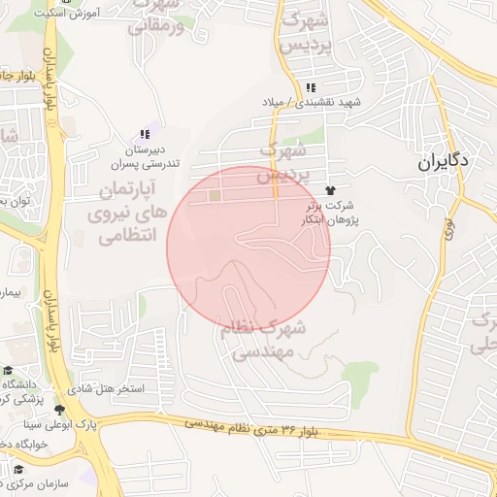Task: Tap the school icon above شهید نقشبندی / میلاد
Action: (x=310, y=88)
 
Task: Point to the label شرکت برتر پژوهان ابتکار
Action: (x=330, y=212)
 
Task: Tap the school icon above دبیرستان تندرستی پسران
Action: (x=145, y=135)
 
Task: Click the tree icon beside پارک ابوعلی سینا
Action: (x=60, y=410)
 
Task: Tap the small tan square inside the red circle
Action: (x=214, y=197)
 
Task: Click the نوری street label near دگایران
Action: (x=449, y=227)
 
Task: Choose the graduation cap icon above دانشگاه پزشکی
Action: (x=7, y=370)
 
